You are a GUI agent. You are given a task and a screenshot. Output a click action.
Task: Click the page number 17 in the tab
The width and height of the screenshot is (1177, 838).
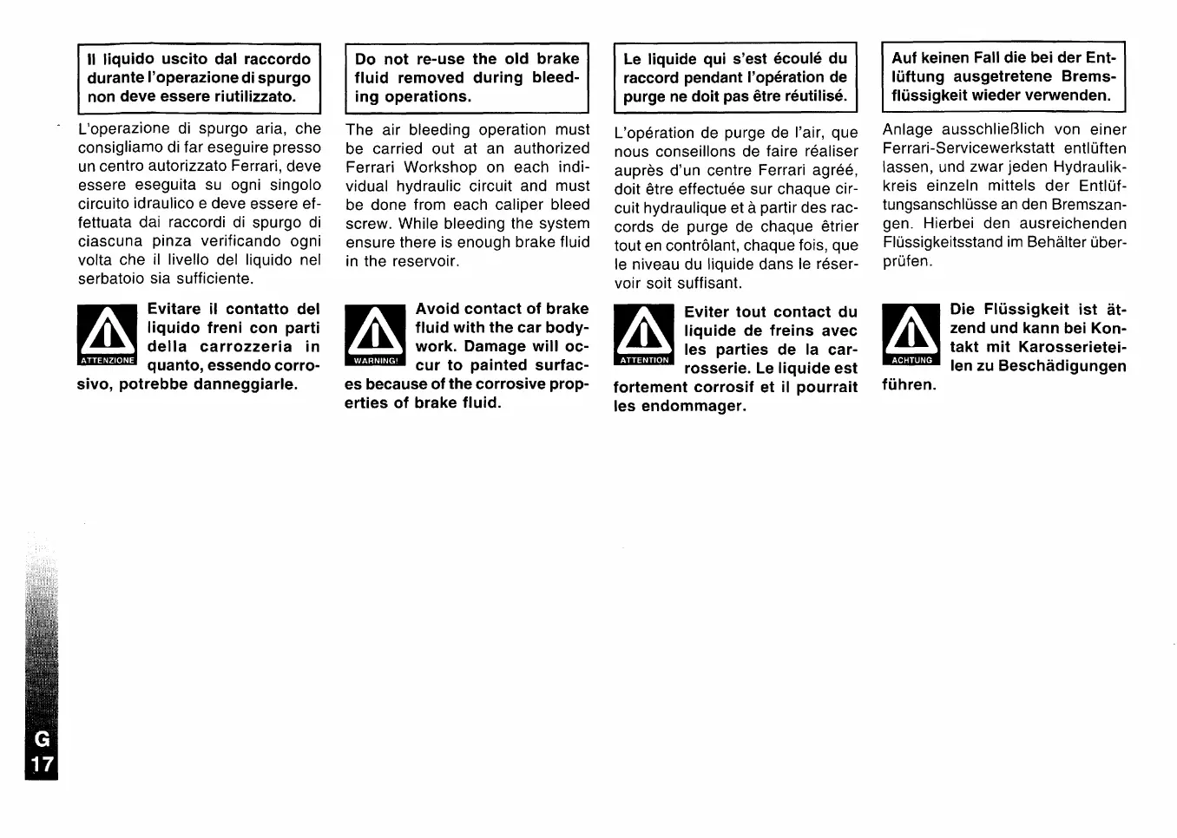pyautogui.click(x=42, y=764)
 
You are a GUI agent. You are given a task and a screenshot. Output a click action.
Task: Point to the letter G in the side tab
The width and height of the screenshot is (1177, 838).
pyautogui.click(x=42, y=739)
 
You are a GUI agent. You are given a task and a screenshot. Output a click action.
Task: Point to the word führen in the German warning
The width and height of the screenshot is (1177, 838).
pyautogui.click(x=909, y=384)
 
